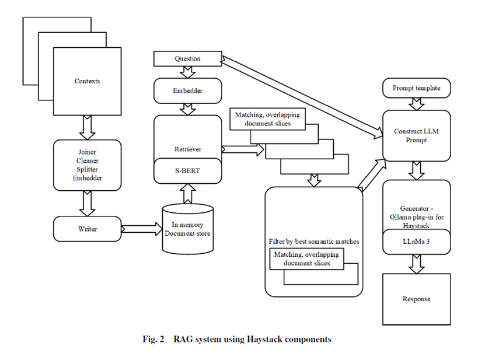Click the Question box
tap(187, 59)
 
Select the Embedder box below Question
tap(187, 92)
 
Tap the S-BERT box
tap(187, 171)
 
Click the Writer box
tap(87, 229)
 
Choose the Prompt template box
tap(416, 89)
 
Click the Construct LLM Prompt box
tap(416, 136)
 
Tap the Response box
tap(416, 299)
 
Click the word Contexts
tap(87, 81)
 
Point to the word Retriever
tap(187, 149)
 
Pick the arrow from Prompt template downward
tap(416, 104)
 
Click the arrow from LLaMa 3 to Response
tap(416, 263)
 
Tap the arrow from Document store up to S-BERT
tap(187, 192)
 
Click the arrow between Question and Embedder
tap(187, 72)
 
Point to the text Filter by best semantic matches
tap(313, 241)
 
